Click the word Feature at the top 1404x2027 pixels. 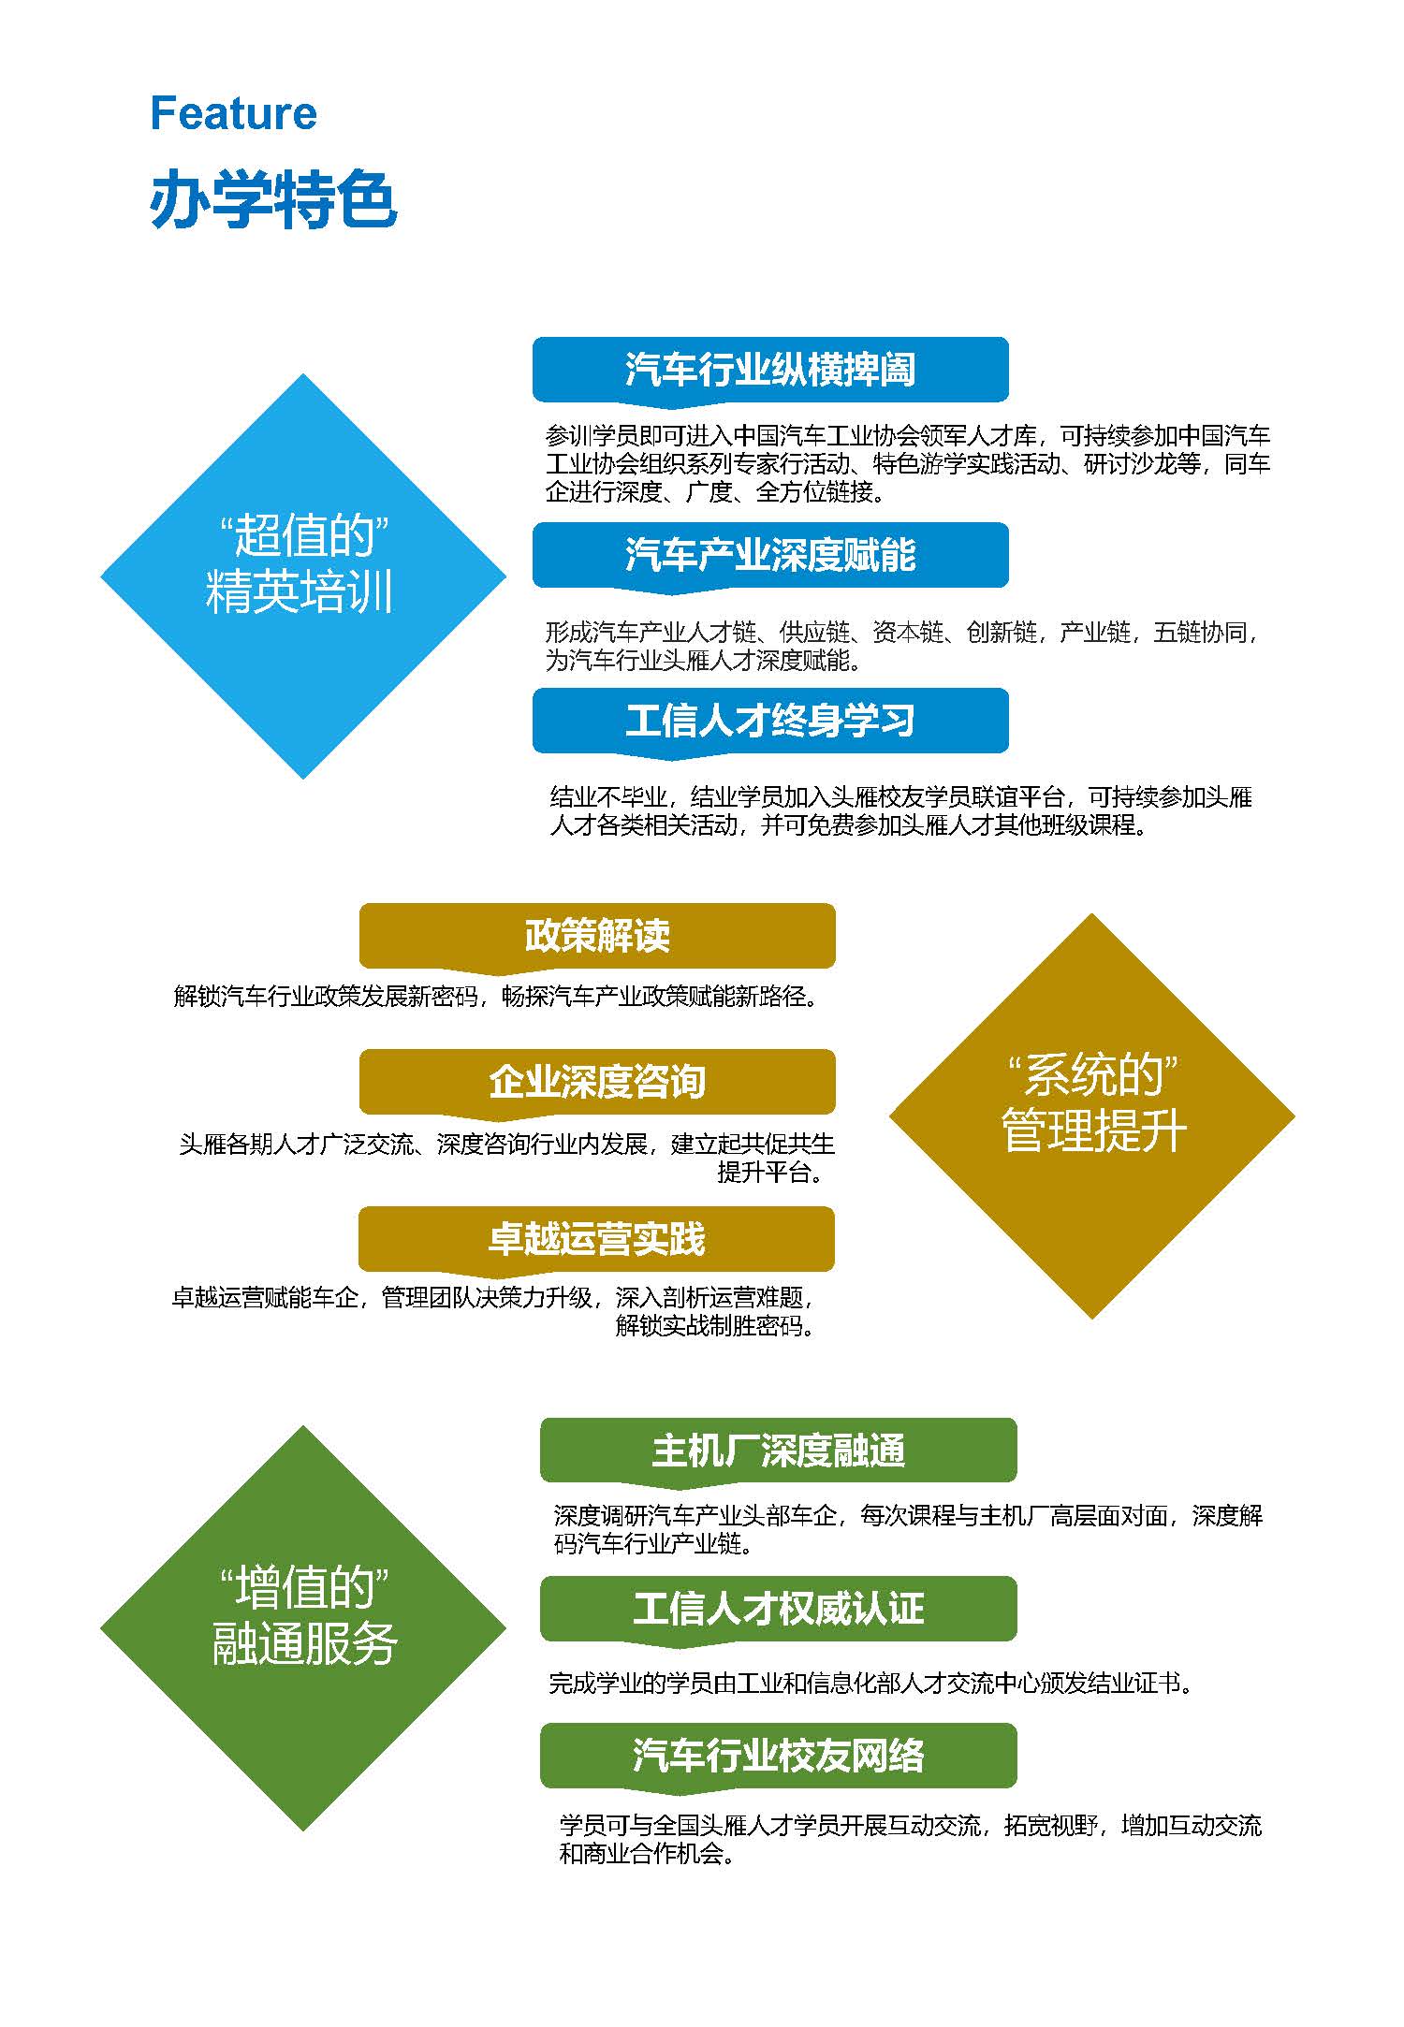(x=233, y=113)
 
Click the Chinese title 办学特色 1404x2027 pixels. (x=273, y=199)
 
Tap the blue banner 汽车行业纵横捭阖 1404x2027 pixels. (x=770, y=371)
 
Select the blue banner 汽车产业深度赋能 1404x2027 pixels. (x=770, y=556)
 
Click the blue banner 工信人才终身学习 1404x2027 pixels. (x=770, y=722)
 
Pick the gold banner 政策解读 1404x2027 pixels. (x=597, y=936)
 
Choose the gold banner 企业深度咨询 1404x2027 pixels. (x=597, y=1083)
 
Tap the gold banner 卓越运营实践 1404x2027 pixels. (x=597, y=1240)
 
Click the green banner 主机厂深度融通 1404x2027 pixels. (x=779, y=1451)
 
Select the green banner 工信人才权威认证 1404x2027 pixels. (x=779, y=1609)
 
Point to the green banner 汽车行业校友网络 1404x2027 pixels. (x=779, y=1756)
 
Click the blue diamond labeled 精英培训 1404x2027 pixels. (x=303, y=576)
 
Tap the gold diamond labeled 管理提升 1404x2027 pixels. (x=1092, y=1116)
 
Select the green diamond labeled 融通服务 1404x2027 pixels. (x=303, y=1628)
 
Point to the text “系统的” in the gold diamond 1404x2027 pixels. (x=1092, y=1075)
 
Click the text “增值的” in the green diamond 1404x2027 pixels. (x=303, y=1588)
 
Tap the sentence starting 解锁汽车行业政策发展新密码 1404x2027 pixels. (x=496, y=996)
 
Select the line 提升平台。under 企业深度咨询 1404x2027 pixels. (x=770, y=1172)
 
